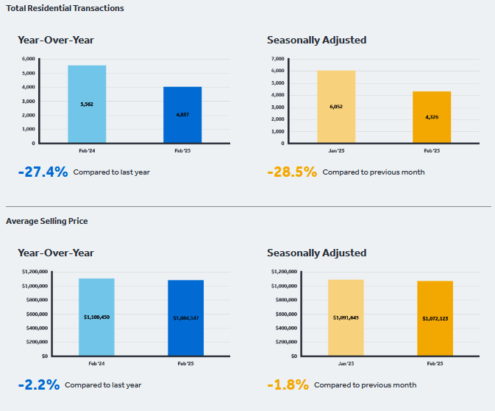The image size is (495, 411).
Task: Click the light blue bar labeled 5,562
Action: pyautogui.click(x=87, y=104)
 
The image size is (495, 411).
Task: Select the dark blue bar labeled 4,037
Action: pyautogui.click(x=182, y=115)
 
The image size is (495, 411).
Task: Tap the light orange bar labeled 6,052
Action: pyautogui.click(x=336, y=107)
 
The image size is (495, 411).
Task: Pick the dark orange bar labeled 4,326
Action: pyautogui.click(x=432, y=117)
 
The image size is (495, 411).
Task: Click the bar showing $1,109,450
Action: pyautogui.click(x=96, y=317)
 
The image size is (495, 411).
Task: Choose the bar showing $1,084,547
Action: pyautogui.click(x=185, y=317)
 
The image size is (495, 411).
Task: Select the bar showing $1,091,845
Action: pyautogui.click(x=346, y=317)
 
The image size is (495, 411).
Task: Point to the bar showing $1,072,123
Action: pyautogui.click(x=435, y=318)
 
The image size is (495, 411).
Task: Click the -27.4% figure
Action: pyautogui.click(x=43, y=172)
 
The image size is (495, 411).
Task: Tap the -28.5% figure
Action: pyautogui.click(x=292, y=172)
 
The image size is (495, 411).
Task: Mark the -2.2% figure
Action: pyautogui.click(x=39, y=384)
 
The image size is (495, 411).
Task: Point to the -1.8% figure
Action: pyautogui.click(x=288, y=384)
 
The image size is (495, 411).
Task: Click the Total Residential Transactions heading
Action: pyautogui.click(x=65, y=8)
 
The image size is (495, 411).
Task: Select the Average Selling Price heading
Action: pyautogui.click(x=47, y=221)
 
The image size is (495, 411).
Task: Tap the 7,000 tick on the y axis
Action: pyautogui.click(x=278, y=59)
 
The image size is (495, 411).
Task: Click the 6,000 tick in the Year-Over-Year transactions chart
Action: pyautogui.click(x=29, y=59)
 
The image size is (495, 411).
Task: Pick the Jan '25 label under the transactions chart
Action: pyautogui.click(x=336, y=151)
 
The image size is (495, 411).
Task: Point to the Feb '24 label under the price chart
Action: pyautogui.click(x=96, y=364)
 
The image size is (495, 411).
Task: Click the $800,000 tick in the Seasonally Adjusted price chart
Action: pyautogui.click(x=286, y=300)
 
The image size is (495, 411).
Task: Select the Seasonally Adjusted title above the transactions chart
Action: pyautogui.click(x=316, y=41)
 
